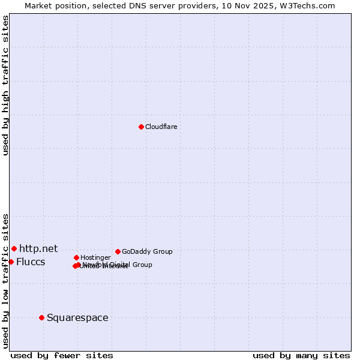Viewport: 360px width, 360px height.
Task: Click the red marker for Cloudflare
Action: [x=141, y=127]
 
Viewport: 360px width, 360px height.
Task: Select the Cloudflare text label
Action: [x=161, y=127]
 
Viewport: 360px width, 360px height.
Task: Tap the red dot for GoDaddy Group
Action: [x=118, y=251]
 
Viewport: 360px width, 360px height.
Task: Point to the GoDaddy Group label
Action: [x=147, y=251]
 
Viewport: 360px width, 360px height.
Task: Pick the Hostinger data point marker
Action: [x=76, y=257]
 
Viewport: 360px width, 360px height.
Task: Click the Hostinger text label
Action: [x=95, y=257]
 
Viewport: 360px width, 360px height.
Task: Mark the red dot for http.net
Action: [x=14, y=248]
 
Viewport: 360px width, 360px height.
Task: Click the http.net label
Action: [x=38, y=248]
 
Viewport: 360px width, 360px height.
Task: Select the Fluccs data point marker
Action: [x=11, y=262]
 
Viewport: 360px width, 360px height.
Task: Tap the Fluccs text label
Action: [x=31, y=262]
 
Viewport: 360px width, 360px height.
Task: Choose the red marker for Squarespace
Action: [x=41, y=317]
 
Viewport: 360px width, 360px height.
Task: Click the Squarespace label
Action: [x=77, y=317]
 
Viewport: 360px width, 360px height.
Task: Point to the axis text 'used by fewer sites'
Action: [x=62, y=355]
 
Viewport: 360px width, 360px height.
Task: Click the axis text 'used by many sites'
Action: [x=301, y=355]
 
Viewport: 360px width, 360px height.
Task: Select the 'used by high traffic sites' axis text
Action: [x=5, y=85]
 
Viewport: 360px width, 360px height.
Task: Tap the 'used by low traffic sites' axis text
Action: [x=5, y=280]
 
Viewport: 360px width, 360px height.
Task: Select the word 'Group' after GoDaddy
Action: [x=163, y=251]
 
